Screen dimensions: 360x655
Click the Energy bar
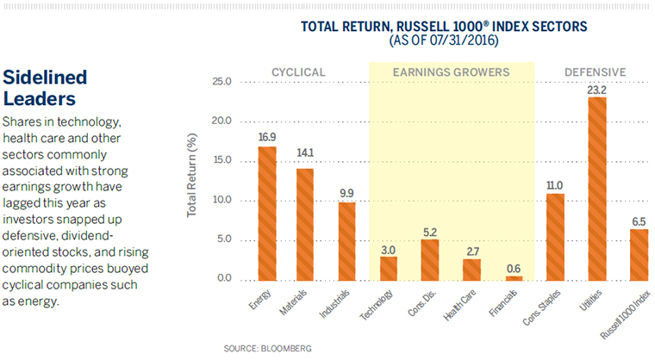coord(267,214)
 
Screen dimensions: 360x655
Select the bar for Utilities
coord(596,189)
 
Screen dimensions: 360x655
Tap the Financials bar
coord(514,277)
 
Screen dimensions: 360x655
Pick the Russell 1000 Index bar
coord(639,255)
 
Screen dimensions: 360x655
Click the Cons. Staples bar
coord(555,237)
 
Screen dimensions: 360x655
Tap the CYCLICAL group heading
coord(298,71)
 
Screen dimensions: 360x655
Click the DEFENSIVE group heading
coord(595,71)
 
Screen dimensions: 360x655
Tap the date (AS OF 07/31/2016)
coord(444,40)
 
